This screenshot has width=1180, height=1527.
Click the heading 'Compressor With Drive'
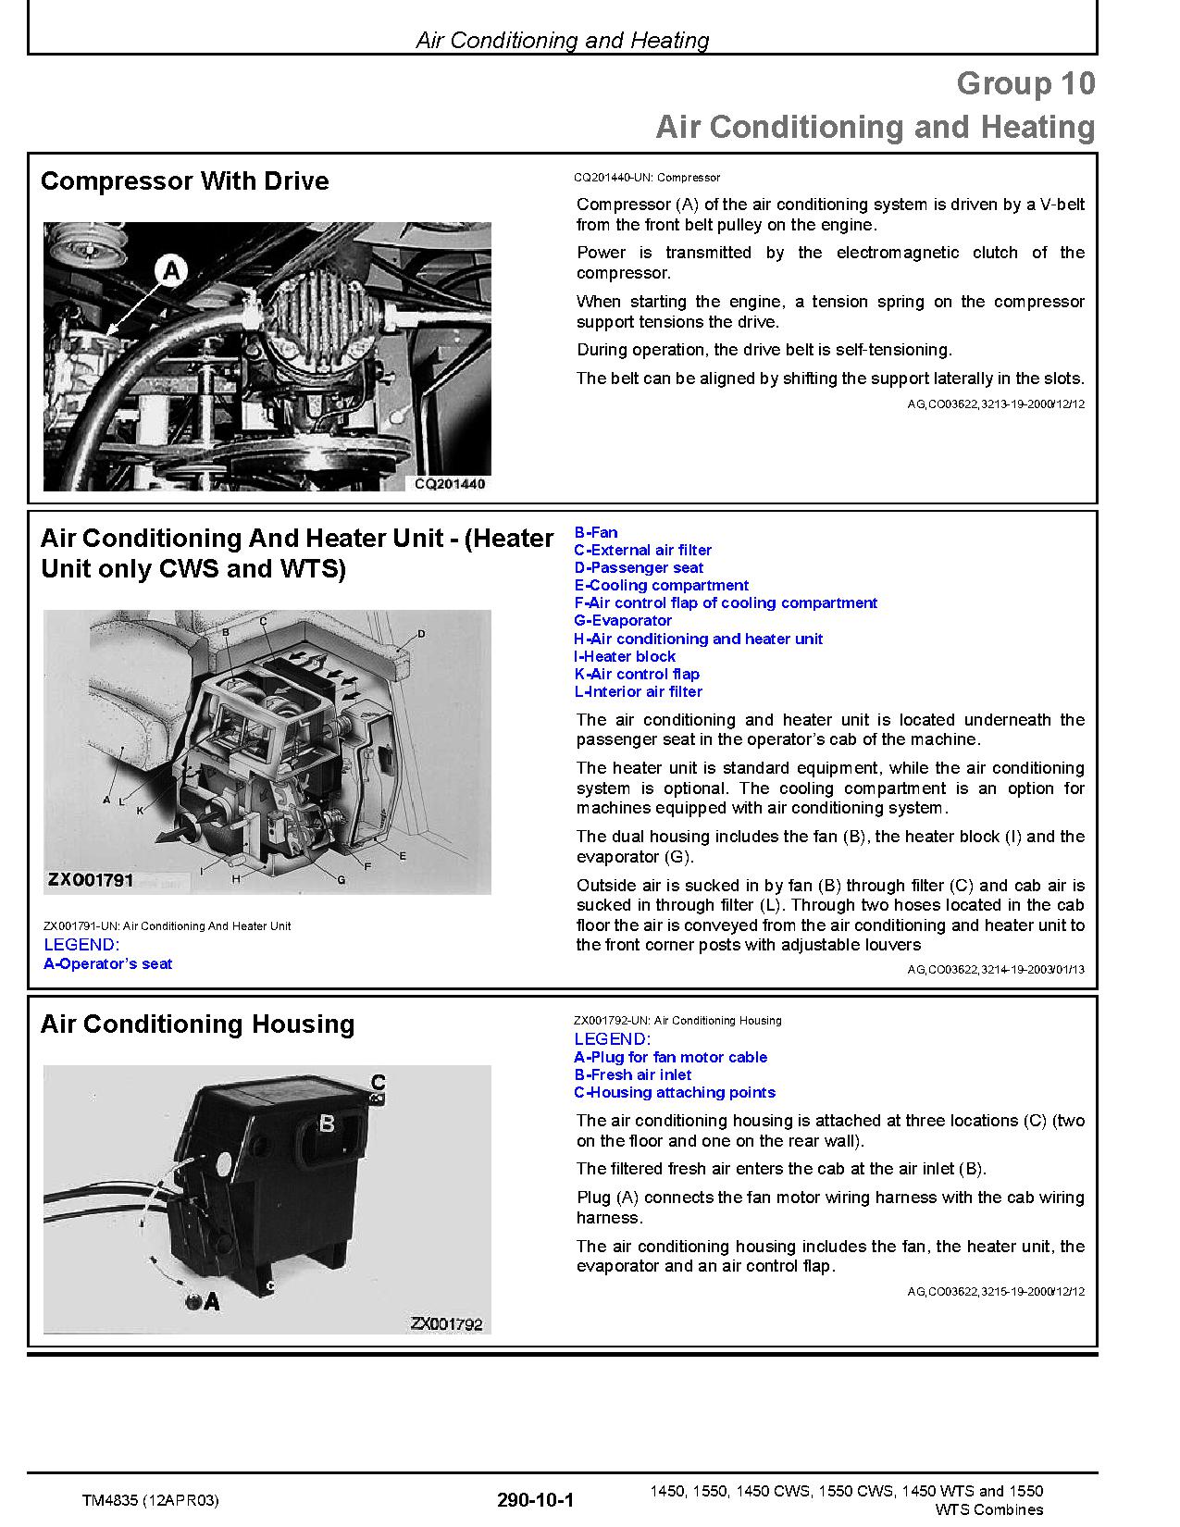[184, 180]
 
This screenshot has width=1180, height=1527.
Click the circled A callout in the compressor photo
[173, 271]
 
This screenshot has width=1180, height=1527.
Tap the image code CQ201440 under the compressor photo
[449, 483]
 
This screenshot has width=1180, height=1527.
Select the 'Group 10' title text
[1025, 83]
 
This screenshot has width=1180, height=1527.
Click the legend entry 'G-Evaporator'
[623, 621]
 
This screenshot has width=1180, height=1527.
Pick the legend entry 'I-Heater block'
[625, 656]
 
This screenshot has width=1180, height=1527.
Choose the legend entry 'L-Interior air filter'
[638, 691]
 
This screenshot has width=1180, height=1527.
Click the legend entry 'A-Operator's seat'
[107, 963]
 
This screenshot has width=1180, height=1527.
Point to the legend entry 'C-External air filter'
[642, 550]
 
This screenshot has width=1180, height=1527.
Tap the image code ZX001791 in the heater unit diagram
[91, 879]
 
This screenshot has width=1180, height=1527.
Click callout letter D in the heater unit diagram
[421, 634]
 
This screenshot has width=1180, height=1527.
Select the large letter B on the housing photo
[327, 1124]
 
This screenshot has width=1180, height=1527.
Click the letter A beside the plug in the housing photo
[212, 1301]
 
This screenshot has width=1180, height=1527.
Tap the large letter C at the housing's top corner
[378, 1082]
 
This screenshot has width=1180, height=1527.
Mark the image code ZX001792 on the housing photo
[446, 1324]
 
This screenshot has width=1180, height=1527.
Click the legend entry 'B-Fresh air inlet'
[632, 1074]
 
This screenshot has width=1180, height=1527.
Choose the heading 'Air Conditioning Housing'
[197, 1024]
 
